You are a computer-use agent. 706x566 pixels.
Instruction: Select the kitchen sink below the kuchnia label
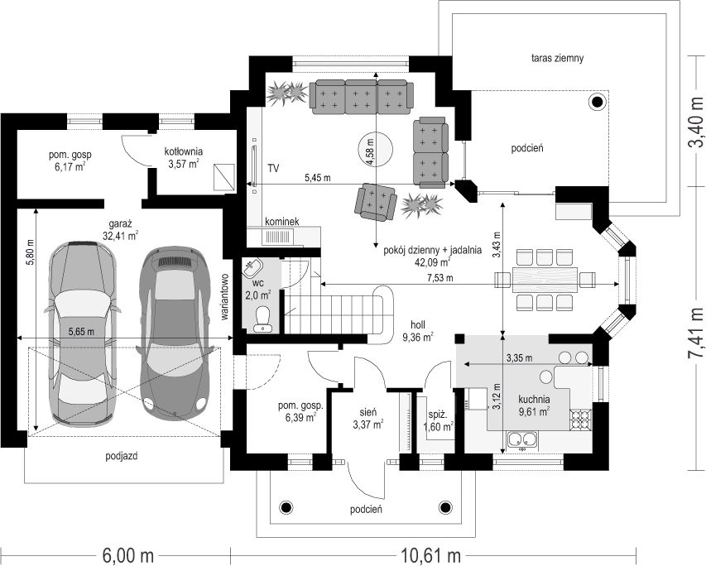coord(522,440)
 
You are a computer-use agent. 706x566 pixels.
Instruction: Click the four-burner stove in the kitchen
coord(580,420)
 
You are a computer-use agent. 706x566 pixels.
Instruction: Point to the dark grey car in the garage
coord(175,333)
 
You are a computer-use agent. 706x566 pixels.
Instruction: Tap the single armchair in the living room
coord(376,202)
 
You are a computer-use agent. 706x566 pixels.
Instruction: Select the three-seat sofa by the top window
coord(361,97)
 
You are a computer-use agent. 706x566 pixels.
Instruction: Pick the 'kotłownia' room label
coord(183,151)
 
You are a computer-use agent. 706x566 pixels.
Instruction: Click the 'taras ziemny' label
coord(557,58)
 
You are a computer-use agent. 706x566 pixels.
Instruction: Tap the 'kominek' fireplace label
coord(282,222)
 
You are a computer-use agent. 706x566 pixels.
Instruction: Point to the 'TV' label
coord(273,169)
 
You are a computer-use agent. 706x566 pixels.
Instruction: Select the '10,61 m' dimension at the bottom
coord(433,555)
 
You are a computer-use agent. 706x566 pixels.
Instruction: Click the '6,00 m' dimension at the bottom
coord(128,555)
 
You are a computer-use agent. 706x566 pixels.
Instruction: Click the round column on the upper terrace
coord(598,103)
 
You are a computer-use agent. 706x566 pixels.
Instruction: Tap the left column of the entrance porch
coord(286,507)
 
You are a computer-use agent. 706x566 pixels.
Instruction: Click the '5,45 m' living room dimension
coord(318,178)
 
